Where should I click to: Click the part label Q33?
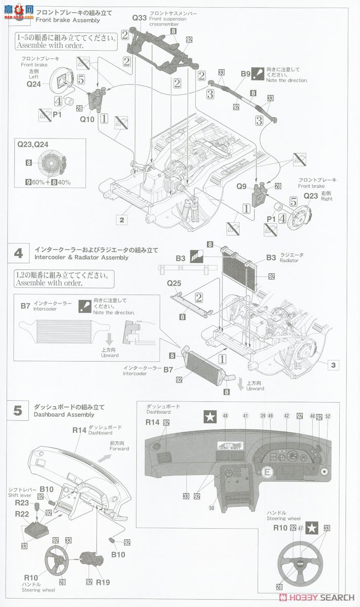[x=139, y=18]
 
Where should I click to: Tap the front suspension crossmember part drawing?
[x=164, y=48]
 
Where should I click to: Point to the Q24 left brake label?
[x=34, y=84]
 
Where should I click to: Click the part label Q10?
[x=87, y=120]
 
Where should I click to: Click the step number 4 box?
[x=18, y=253]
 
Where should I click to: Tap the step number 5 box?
[x=18, y=410]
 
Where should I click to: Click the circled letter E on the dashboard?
[x=266, y=470]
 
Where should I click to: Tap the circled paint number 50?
[x=212, y=507]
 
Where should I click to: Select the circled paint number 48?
[x=225, y=416]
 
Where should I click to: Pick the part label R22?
[x=21, y=514]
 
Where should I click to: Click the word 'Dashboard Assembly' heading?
[x=64, y=415]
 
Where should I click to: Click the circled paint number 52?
[x=328, y=416]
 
